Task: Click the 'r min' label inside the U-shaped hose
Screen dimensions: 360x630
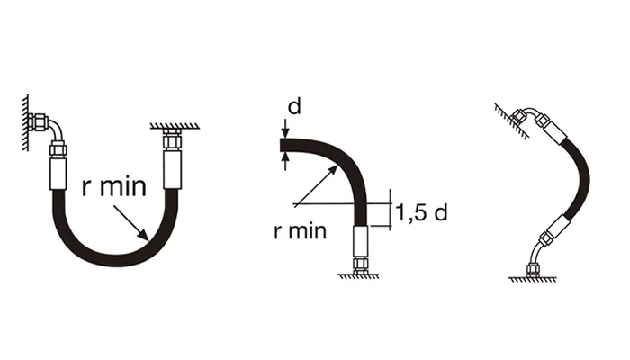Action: pos(111,188)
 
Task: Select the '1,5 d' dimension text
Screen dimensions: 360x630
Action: pos(422,212)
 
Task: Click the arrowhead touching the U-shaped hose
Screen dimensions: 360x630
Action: pos(145,236)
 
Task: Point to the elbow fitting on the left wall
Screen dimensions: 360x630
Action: pos(49,129)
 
